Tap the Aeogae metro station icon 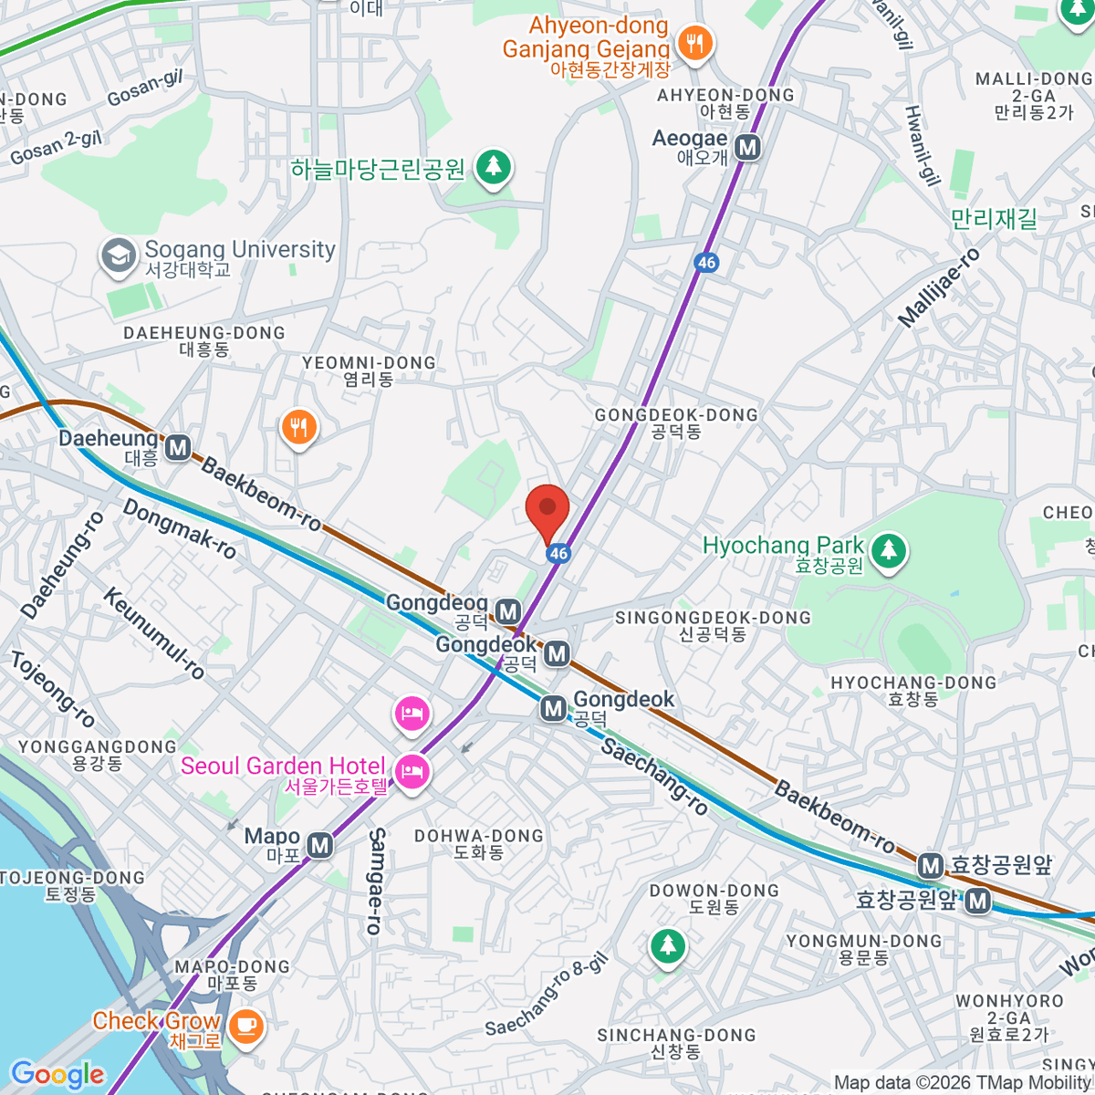pos(748,147)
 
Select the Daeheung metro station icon pos(178,447)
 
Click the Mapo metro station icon pos(319,846)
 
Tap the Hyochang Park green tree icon pos(888,550)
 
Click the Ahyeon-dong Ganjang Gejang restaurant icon pos(695,42)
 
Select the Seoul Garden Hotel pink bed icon pos(412,773)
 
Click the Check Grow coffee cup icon pos(245,1025)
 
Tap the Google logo pos(57,1075)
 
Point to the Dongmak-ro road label pos(180,529)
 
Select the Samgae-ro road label pos(376,881)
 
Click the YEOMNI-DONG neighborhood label pos(369,370)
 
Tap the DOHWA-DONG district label pos(478,843)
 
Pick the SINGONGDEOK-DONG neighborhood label pos(713,625)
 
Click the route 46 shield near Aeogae pos(706,263)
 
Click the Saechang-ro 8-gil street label pos(546,996)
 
